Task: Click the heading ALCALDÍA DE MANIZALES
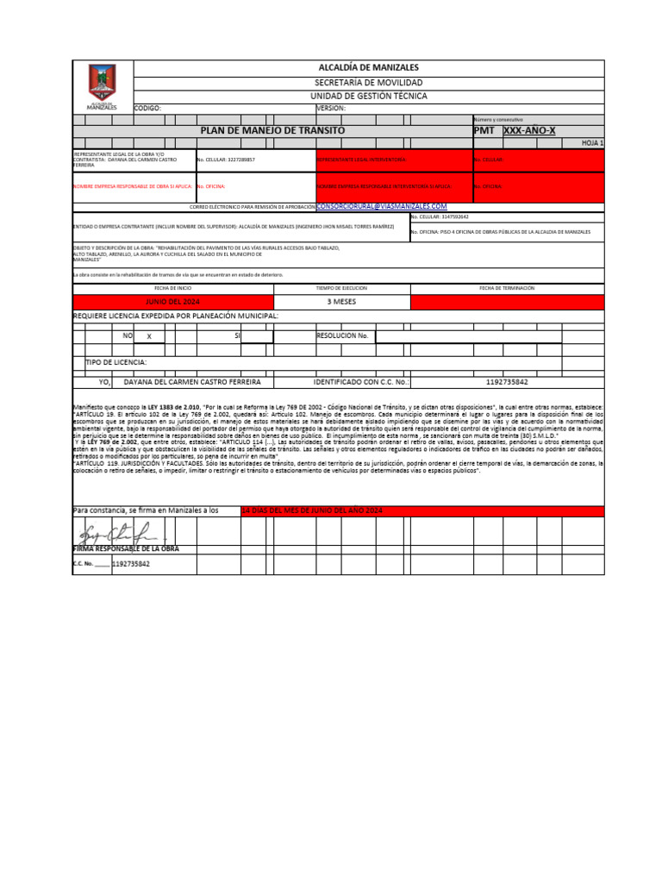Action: pos(368,67)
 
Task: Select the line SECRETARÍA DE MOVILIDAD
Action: pos(368,82)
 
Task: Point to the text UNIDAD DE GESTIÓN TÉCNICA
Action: pos(368,96)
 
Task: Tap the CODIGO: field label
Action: pos(147,109)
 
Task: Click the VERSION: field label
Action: pos(331,109)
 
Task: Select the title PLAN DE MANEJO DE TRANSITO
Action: pos(272,130)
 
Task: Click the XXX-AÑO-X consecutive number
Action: pos(529,130)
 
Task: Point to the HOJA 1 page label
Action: pos(592,143)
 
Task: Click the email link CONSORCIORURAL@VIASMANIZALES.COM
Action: pos(382,207)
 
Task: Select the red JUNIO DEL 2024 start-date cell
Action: pos(172,302)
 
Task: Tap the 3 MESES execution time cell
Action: pos(341,302)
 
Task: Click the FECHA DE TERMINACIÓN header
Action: pos(507,287)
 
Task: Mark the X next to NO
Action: pos(149,336)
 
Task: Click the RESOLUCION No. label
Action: pos(343,335)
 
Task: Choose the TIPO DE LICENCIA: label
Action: pos(116,362)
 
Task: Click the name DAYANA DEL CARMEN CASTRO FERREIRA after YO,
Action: pos(192,381)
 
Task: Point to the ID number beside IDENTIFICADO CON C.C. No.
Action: pos(507,381)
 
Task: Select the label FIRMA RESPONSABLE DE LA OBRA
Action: pos(126,548)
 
